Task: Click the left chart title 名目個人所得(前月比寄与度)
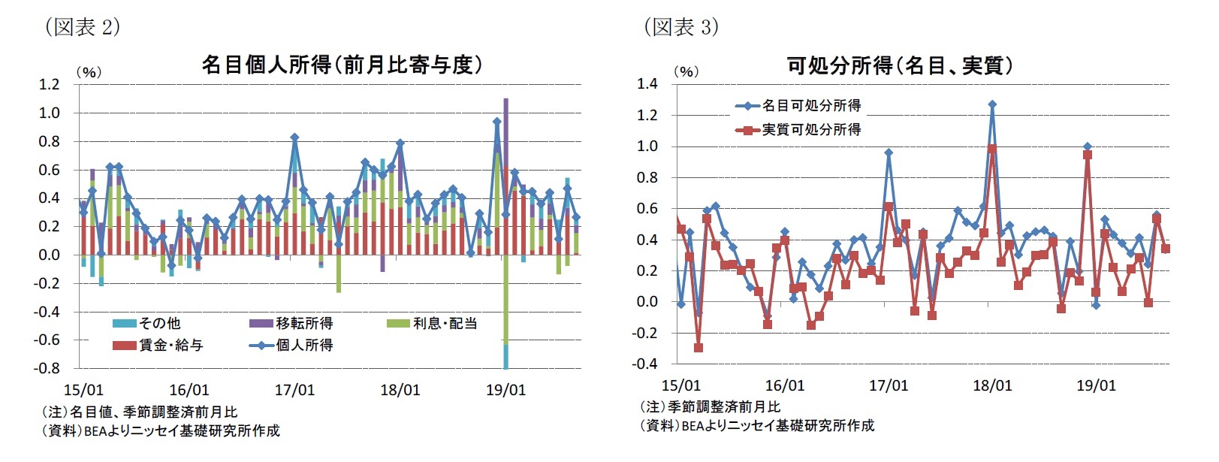click(341, 65)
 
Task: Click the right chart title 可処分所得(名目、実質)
click(899, 66)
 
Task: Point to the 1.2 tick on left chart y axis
click(49, 84)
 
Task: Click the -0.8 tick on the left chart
click(49, 368)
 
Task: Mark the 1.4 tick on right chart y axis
click(647, 83)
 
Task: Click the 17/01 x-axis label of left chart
click(294, 391)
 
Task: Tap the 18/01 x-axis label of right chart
click(992, 386)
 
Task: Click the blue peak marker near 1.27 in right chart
click(992, 104)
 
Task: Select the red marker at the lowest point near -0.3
click(699, 348)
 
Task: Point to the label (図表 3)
click(680, 28)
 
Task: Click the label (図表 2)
click(83, 28)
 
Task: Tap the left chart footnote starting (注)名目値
click(139, 412)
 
